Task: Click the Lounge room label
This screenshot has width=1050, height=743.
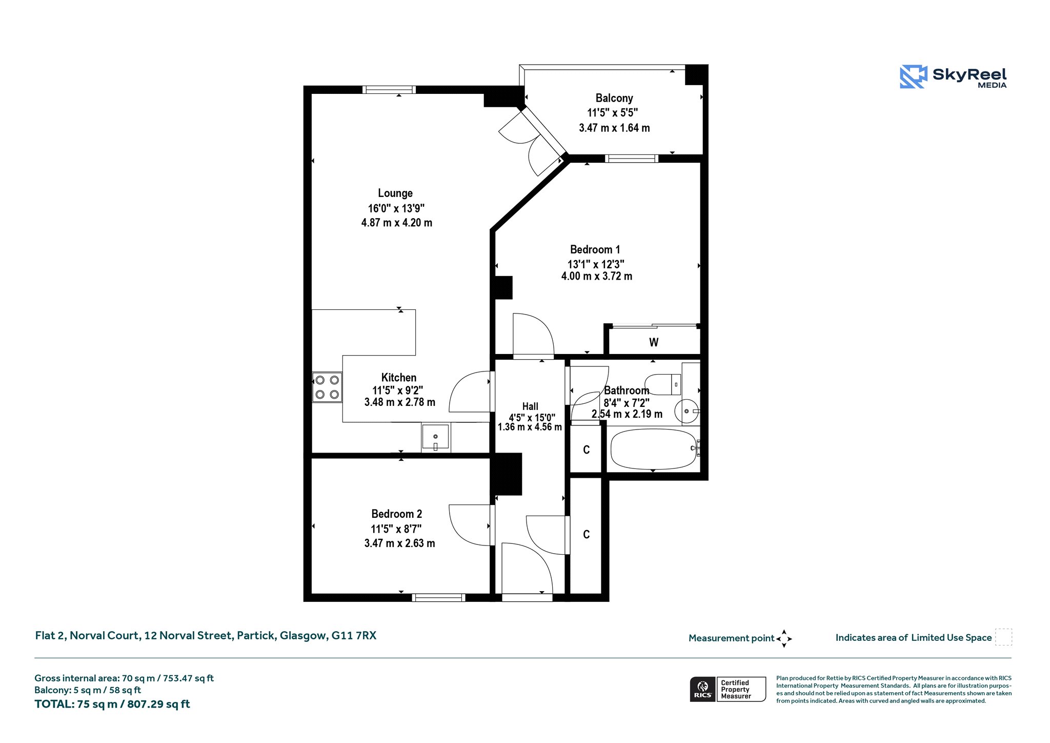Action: coord(395,193)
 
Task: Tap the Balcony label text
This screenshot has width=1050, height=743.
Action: coord(614,98)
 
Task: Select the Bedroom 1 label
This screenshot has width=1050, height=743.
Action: coord(595,250)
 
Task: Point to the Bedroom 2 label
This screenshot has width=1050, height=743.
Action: coord(397,514)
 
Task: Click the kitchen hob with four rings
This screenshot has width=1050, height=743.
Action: coord(327,387)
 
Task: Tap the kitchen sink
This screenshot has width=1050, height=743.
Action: coord(435,437)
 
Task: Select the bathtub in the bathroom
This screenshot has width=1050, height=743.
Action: coord(653,449)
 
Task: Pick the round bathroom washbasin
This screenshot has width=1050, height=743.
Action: coord(686,411)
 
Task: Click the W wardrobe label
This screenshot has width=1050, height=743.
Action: coord(654,342)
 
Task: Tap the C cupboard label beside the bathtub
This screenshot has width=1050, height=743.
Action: coord(587,450)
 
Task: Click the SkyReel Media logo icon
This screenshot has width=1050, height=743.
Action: coord(914,77)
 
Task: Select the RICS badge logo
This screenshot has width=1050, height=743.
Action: coord(703,689)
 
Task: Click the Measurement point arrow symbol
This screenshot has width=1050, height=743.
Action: coord(784,639)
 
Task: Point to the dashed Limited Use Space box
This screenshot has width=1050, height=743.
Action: coord(1003,637)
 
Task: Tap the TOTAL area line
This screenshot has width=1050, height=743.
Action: coord(112,704)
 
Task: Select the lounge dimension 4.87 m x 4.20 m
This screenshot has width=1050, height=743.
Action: coord(397,223)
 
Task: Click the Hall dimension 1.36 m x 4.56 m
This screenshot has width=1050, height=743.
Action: coord(530,427)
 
